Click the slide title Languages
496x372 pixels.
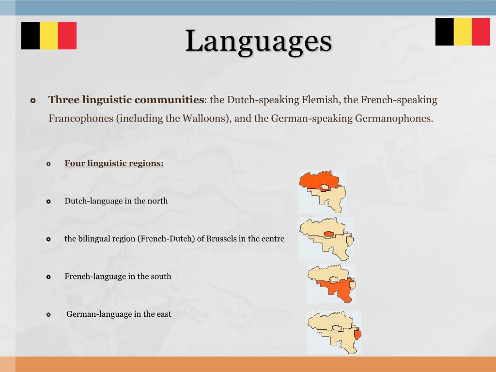[259, 42]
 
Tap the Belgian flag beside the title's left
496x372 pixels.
[49, 35]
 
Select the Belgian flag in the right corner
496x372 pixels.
[463, 32]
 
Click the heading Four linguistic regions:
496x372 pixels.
[114, 163]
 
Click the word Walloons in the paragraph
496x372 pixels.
[203, 119]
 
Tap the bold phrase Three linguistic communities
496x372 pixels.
[126, 100]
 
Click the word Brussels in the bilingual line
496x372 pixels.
[222, 239]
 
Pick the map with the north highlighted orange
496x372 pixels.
[322, 191]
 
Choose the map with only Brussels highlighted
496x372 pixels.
[326, 239]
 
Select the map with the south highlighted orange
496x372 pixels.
[331, 283]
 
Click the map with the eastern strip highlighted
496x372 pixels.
[334, 332]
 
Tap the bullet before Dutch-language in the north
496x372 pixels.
[48, 201]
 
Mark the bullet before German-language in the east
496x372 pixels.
[48, 315]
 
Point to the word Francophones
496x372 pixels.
[80, 119]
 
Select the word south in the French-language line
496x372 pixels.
[161, 277]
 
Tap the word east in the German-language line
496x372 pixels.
[164, 314]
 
